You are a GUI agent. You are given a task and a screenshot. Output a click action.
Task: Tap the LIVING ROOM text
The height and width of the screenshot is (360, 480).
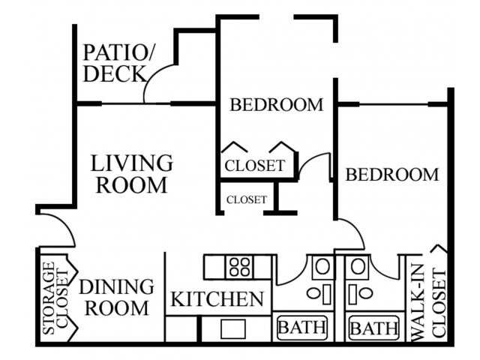point(131,174)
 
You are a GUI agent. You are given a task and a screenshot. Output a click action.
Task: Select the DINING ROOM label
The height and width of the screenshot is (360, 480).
point(117,297)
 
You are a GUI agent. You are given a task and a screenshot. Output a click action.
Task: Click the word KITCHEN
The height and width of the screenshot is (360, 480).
point(217,299)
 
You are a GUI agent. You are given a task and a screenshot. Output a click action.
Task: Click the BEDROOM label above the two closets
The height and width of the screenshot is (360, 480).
point(276,104)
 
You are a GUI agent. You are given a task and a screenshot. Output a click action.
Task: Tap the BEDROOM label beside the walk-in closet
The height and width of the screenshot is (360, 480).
point(391,175)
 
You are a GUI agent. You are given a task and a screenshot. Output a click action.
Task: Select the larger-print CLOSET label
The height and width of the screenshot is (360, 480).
point(255,166)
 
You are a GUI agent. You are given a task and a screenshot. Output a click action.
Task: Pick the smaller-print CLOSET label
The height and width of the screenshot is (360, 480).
point(247,199)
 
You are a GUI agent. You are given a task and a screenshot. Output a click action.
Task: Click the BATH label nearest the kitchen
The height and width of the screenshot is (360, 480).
point(303,328)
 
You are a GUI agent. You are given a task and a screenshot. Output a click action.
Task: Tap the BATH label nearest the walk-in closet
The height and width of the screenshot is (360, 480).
point(373,328)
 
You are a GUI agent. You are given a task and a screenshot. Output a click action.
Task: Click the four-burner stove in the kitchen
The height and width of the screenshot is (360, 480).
point(239,266)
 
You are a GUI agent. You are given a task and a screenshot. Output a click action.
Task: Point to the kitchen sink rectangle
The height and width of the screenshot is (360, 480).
point(233,328)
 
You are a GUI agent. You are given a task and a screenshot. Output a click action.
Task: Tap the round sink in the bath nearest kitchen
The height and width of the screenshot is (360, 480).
point(314,292)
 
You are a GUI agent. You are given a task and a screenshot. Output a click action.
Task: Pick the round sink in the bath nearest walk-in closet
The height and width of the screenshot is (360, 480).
point(366,292)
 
